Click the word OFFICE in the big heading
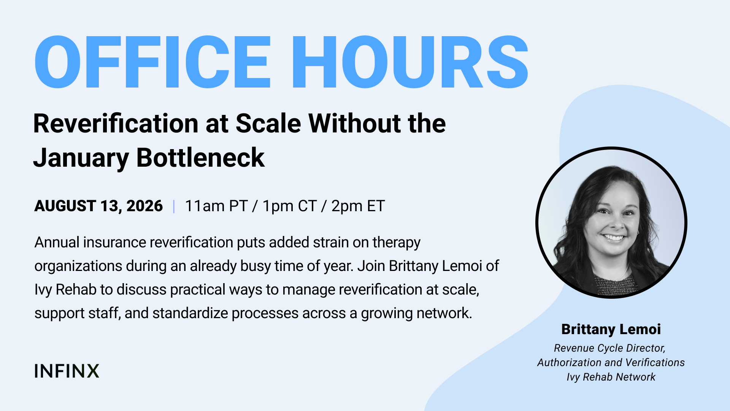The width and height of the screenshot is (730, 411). (152, 62)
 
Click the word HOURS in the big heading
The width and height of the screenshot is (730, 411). (410, 62)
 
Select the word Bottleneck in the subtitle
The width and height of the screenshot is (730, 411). (200, 158)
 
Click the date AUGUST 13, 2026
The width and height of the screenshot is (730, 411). (98, 206)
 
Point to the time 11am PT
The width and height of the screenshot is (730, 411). (216, 206)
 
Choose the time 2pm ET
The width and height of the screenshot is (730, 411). (358, 206)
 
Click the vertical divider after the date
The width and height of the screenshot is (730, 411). (174, 206)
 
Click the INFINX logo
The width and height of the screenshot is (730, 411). (67, 371)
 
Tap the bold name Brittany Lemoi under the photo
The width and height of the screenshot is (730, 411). (611, 329)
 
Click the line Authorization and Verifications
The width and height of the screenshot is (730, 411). (611, 362)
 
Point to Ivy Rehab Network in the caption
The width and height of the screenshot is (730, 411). (611, 377)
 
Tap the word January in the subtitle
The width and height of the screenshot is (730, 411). (81, 158)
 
